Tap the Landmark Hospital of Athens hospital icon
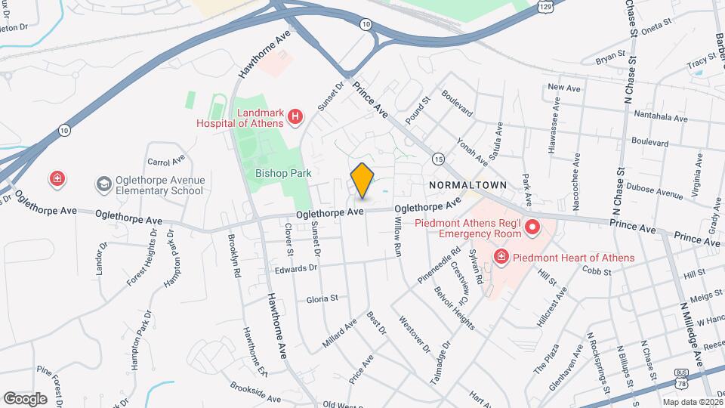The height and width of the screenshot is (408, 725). point(295,116)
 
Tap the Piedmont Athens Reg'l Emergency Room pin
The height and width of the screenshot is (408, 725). point(532,227)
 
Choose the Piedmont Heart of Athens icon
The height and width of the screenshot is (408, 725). point(500,258)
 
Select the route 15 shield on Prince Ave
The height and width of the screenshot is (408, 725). point(438,159)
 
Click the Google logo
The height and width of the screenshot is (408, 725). point(24,398)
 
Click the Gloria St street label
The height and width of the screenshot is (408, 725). point(322,298)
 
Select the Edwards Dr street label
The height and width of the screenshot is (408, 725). point(295,267)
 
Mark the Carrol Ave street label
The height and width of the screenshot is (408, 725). point(166,161)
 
